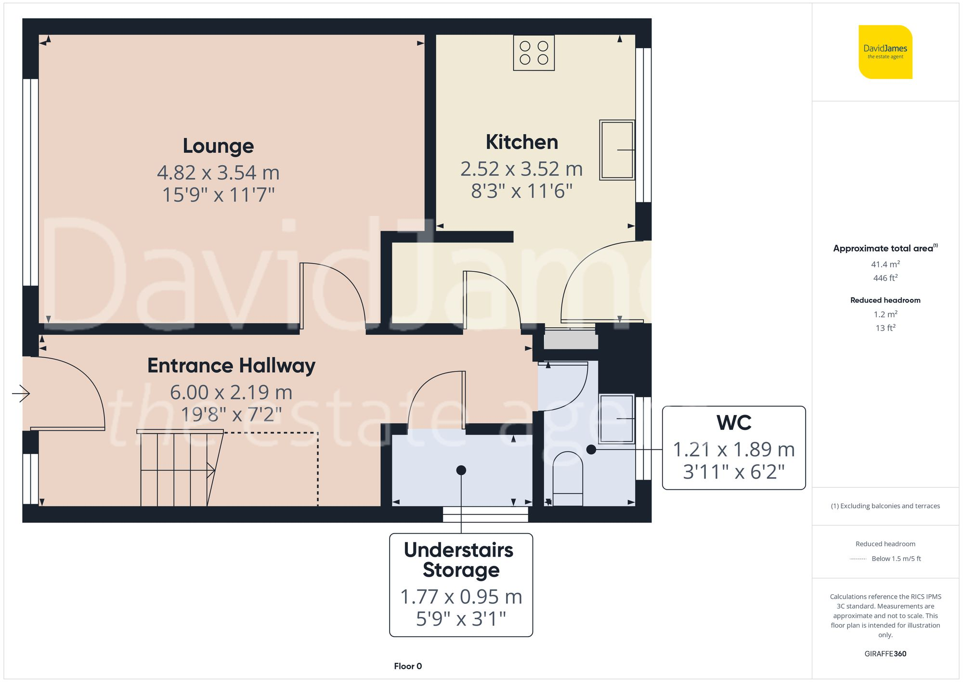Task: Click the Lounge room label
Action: [x=218, y=146]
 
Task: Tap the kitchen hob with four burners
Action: [x=534, y=53]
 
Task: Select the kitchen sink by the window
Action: [x=616, y=150]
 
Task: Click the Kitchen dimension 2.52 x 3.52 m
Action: [x=521, y=169]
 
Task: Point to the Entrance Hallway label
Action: [x=231, y=366]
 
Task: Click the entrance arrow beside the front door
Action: [x=21, y=393]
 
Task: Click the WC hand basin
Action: [x=616, y=418]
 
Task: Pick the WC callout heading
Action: [x=733, y=423]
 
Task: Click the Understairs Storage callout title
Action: [x=460, y=560]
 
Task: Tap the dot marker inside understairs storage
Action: [x=461, y=470]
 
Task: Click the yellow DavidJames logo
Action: [x=885, y=52]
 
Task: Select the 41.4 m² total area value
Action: [x=885, y=264]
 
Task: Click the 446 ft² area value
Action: [x=885, y=278]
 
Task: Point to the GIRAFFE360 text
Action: [x=885, y=654]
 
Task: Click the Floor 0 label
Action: [x=408, y=666]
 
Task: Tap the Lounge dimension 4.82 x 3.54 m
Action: [x=218, y=173]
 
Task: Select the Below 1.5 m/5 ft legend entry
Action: [x=896, y=559]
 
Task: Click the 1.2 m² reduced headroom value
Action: [x=885, y=314]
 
